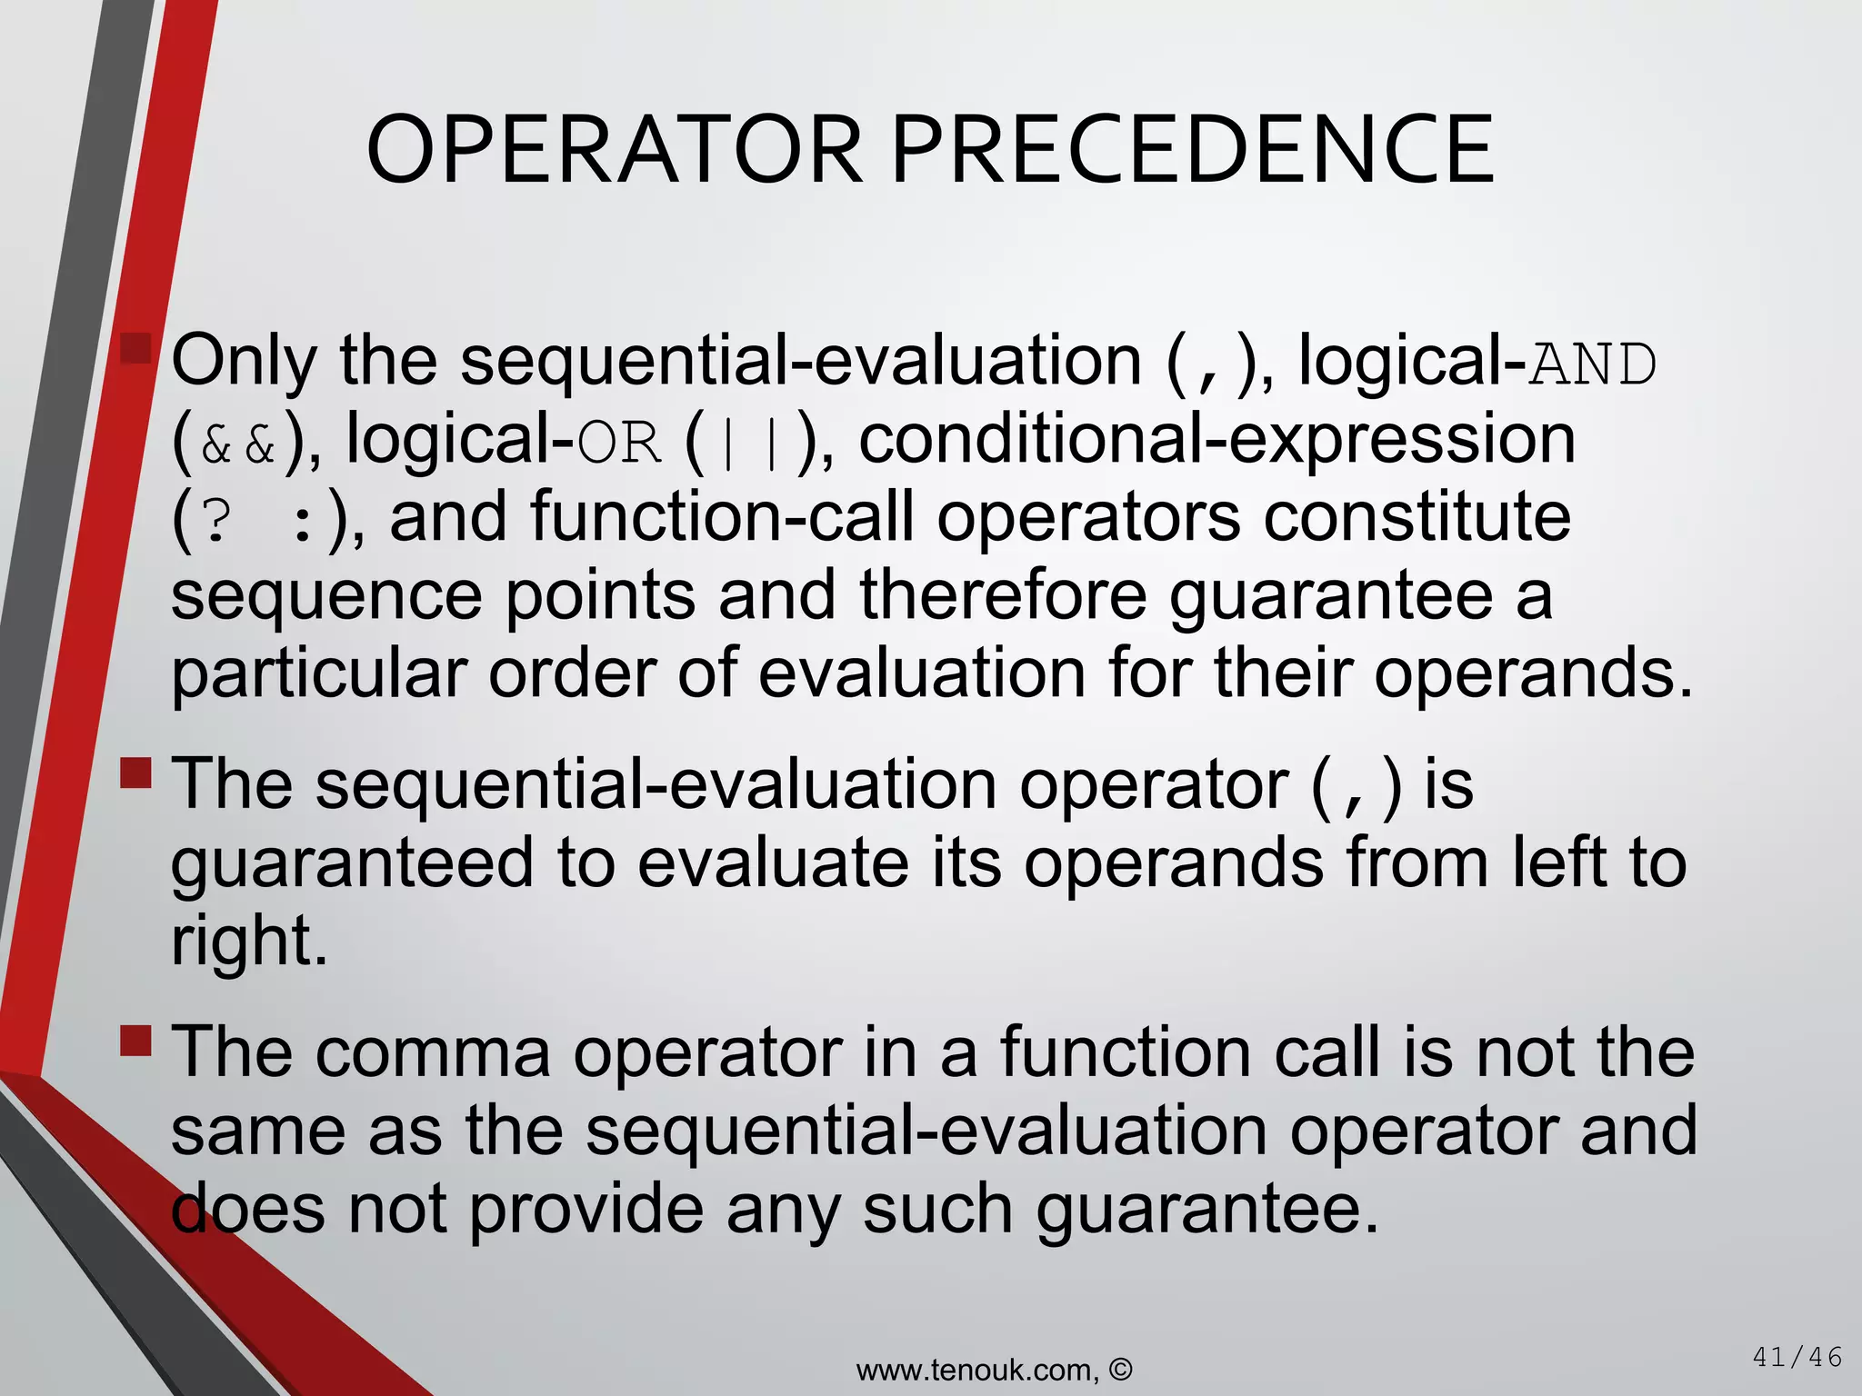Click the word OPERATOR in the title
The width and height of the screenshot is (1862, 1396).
coord(614,150)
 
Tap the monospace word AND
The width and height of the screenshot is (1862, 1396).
coord(1593,364)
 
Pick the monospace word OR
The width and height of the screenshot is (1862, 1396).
coord(619,444)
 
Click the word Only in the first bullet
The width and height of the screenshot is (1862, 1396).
coord(244,362)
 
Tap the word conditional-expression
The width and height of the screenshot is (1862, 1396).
coord(1216,441)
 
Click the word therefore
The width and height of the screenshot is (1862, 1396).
coord(1003,595)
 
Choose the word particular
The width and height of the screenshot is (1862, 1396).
coord(319,674)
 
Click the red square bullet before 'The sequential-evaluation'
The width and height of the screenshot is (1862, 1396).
coord(136,773)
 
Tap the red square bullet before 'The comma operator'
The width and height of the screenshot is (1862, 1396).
coord(136,1041)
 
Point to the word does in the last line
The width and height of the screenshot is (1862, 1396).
coord(247,1210)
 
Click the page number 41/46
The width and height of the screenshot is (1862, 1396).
coord(1796,1358)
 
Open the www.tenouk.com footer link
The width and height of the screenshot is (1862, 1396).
coord(977,1370)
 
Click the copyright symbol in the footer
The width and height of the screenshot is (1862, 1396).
coord(1121,1369)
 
